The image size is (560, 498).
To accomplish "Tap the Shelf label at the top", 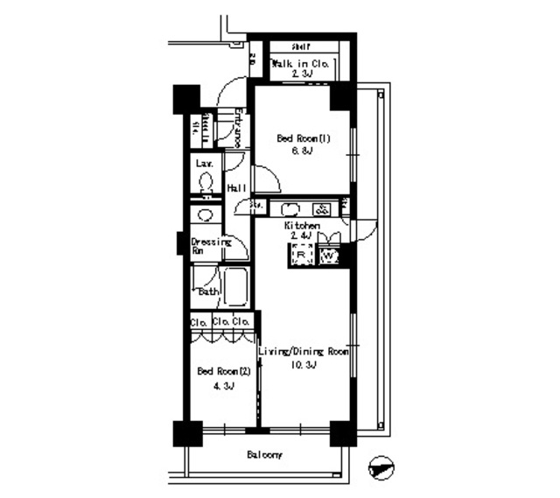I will [x=302, y=47].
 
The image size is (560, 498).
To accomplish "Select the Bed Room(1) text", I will [x=302, y=138].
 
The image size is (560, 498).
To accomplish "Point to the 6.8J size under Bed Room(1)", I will [x=302, y=151].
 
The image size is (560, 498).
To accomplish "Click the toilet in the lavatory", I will [x=206, y=181].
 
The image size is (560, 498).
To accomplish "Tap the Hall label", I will [x=236, y=188].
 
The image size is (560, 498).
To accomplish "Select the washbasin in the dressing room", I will [x=206, y=215].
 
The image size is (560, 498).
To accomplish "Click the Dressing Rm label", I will [x=210, y=245].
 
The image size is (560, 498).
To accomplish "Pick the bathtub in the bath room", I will [x=234, y=284].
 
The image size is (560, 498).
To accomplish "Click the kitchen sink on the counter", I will [x=291, y=209].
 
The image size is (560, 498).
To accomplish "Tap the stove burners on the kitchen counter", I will [x=321, y=209].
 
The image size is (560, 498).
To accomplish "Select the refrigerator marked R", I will [x=302, y=255].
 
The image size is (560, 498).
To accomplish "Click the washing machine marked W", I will [x=329, y=256].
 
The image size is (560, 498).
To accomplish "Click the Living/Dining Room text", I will [x=304, y=351].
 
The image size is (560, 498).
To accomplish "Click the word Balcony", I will [x=263, y=456].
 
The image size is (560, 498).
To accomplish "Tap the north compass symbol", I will [x=382, y=469].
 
